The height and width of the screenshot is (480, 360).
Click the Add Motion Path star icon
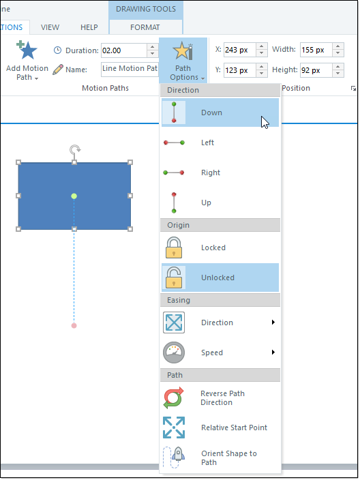click(x=27, y=50)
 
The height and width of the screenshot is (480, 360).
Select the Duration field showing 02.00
click(x=124, y=50)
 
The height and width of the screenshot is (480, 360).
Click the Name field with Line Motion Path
click(x=130, y=69)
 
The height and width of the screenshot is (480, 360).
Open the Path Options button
click(x=183, y=61)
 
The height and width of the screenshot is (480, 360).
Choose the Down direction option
click(x=220, y=112)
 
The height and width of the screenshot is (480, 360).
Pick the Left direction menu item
click(x=220, y=142)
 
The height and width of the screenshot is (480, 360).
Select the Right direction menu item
click(x=220, y=172)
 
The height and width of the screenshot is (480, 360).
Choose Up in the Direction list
click(x=220, y=202)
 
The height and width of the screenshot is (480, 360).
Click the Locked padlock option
click(x=220, y=247)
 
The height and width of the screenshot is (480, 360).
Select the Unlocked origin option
click(x=220, y=277)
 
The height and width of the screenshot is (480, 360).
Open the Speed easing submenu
click(x=220, y=352)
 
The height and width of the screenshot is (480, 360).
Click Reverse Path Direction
click(x=220, y=397)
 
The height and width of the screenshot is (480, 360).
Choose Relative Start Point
click(x=220, y=427)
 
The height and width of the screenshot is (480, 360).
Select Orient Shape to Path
click(x=220, y=457)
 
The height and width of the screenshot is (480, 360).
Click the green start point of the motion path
click(x=74, y=196)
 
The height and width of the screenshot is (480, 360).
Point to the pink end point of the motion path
click(x=74, y=325)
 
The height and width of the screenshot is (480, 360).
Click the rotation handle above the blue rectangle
click(x=75, y=150)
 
